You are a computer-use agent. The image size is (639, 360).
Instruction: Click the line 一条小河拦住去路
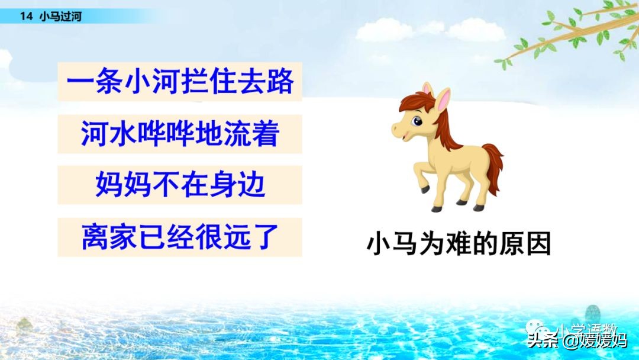click(180, 82)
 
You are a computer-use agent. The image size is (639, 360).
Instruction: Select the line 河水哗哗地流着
click(180, 134)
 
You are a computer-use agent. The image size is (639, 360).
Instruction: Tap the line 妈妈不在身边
click(180, 185)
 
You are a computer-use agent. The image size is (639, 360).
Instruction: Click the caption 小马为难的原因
click(459, 244)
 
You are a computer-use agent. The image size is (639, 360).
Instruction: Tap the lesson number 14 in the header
click(25, 17)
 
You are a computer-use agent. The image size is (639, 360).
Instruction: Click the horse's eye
click(418, 122)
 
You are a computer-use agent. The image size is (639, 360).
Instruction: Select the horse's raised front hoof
click(425, 189)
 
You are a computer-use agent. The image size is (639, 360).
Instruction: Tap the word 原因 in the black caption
click(530, 244)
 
